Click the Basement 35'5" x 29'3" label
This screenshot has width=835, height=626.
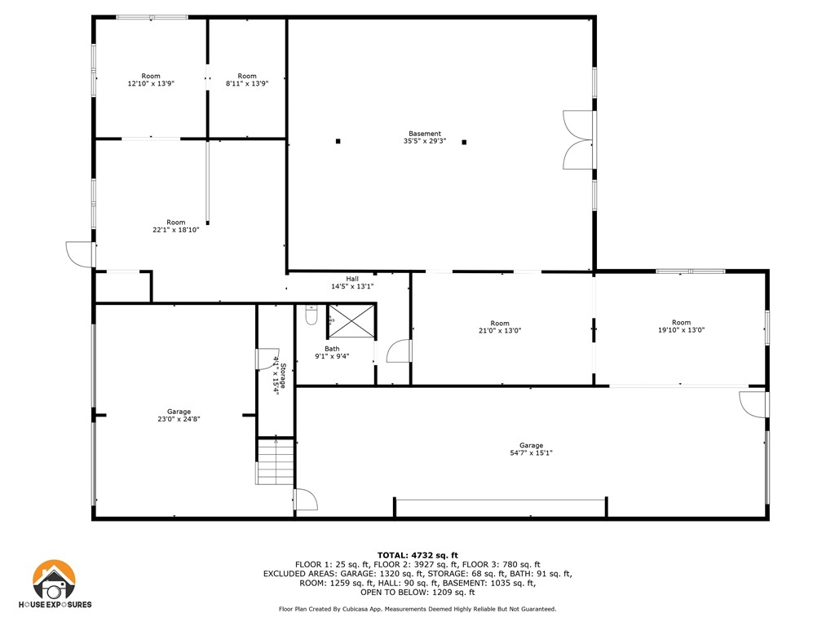(424, 137)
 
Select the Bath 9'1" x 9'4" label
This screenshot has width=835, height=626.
(332, 352)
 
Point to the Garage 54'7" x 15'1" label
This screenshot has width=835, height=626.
(531, 449)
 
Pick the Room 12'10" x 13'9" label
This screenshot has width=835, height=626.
(151, 79)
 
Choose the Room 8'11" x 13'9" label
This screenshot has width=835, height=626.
(246, 79)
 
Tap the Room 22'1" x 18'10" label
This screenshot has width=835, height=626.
(176, 226)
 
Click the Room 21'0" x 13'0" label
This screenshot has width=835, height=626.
(500, 327)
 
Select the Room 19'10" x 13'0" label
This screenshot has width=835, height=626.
(681, 327)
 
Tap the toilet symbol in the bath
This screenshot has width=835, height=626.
(311, 315)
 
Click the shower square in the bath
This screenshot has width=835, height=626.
(352, 320)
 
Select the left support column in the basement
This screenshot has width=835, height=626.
(338, 142)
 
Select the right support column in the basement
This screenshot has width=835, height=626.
(464, 142)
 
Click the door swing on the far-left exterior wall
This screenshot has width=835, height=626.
(82, 253)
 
